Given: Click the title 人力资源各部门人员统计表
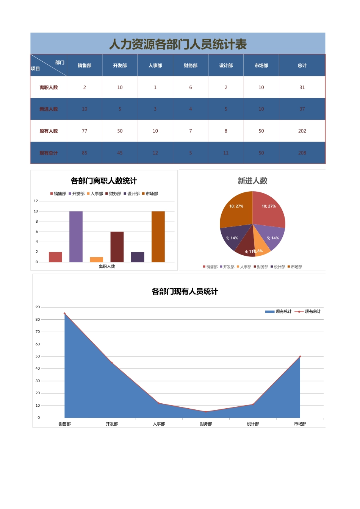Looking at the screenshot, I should (178, 44).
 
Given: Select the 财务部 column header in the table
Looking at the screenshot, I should (191, 66).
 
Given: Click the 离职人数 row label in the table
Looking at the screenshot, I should (49, 87).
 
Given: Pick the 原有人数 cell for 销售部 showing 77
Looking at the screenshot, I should (85, 131).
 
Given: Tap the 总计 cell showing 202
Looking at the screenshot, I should (302, 131).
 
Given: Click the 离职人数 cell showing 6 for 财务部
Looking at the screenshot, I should (191, 87).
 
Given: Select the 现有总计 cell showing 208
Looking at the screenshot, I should (302, 153).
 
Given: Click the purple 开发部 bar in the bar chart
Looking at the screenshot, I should (76, 237).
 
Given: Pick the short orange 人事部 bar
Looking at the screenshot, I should (96, 259).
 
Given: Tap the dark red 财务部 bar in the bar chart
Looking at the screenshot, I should (117, 247).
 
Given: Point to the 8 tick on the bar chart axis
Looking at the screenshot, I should (37, 222).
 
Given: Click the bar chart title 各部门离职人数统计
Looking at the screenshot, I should (104, 181).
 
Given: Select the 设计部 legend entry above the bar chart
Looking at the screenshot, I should (131, 194).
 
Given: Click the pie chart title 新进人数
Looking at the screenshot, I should (252, 181).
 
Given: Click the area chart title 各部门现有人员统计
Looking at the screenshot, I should (185, 292).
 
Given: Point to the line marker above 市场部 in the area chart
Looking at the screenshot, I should (300, 356).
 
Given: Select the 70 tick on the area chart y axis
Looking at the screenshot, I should (38, 332).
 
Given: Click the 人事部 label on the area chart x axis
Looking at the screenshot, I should (159, 424).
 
